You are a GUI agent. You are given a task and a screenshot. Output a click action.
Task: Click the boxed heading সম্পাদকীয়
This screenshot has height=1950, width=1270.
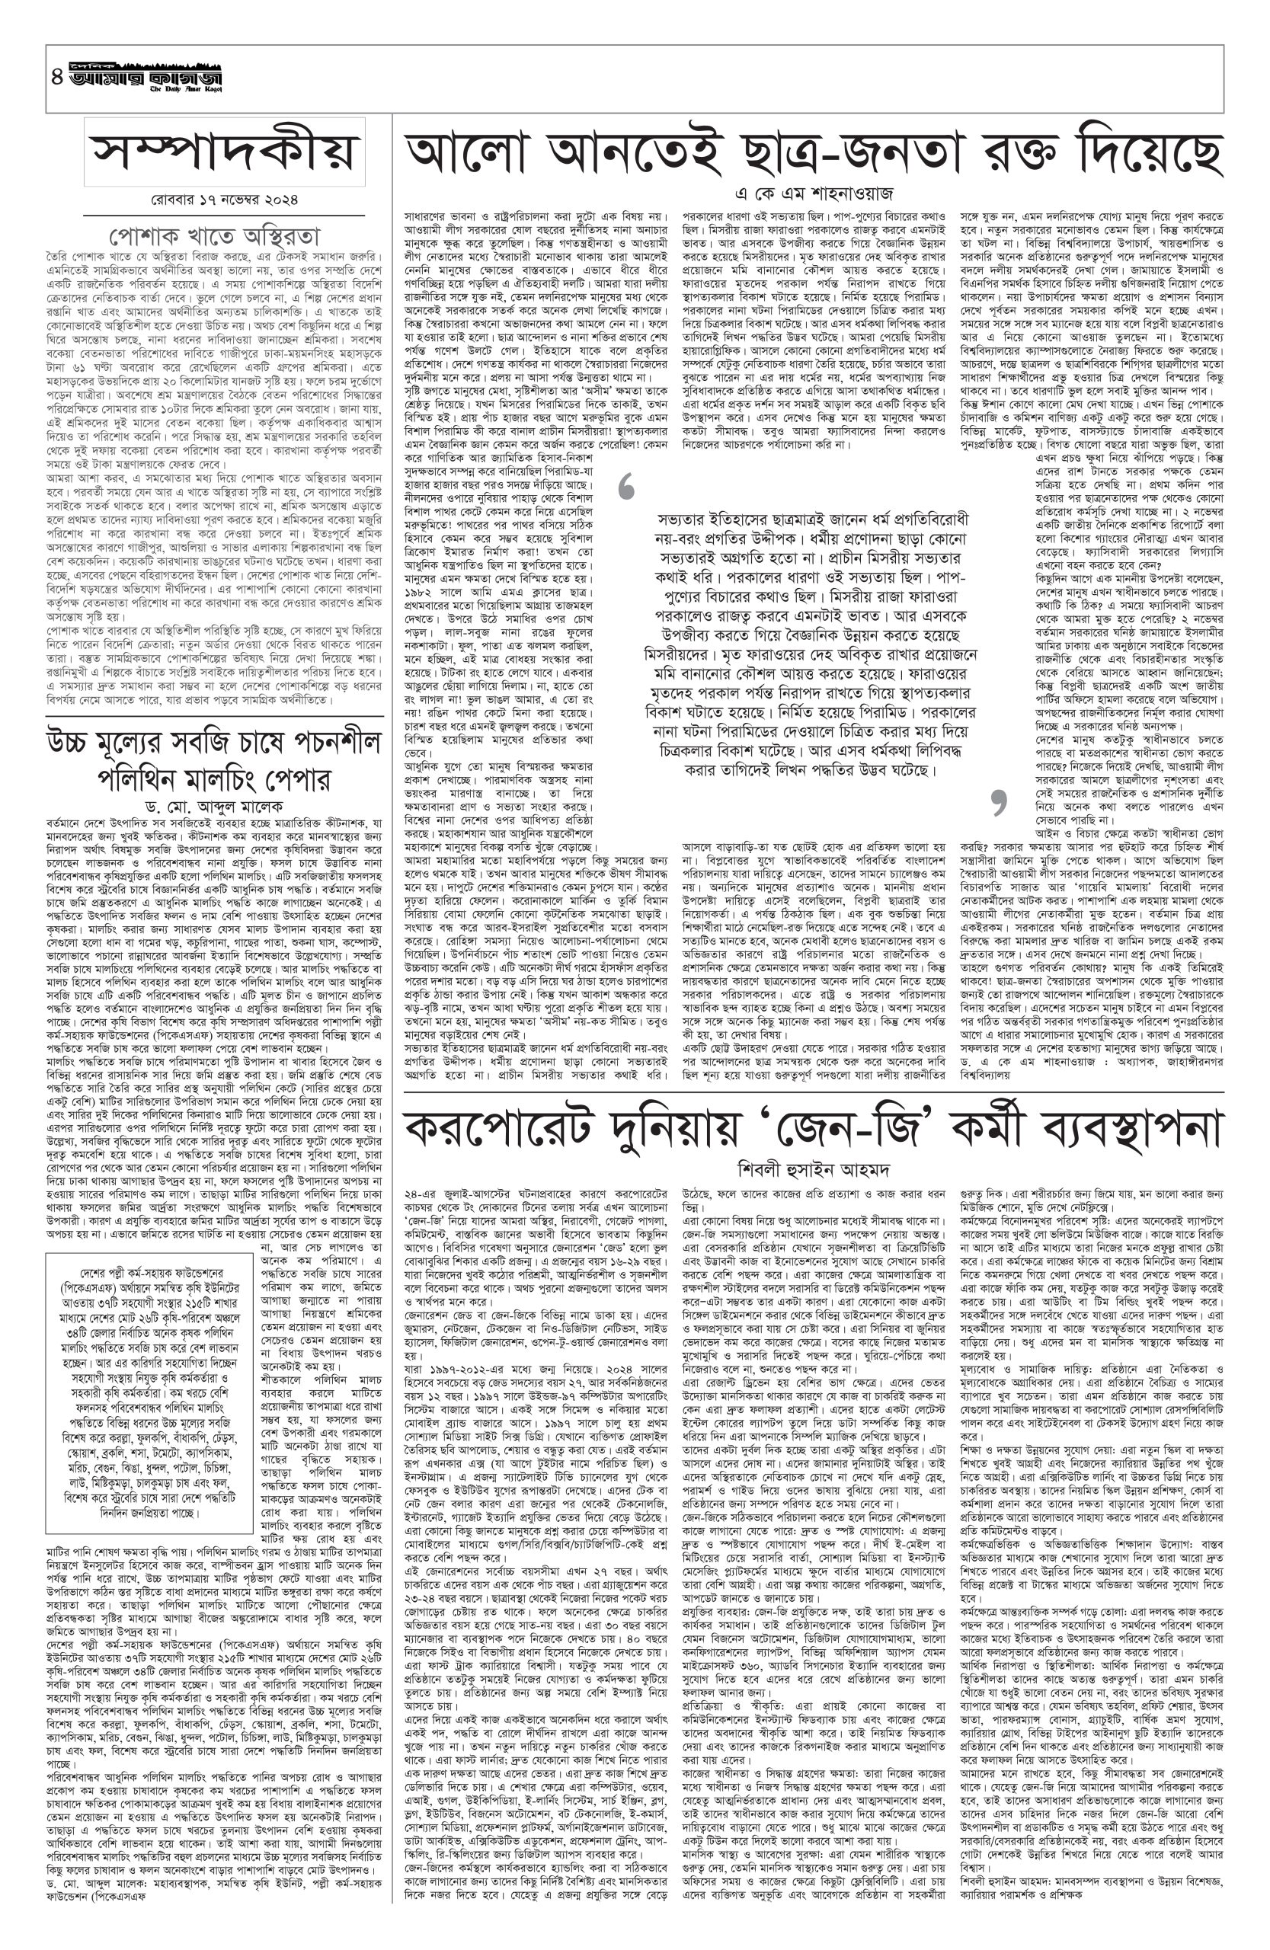click(226, 152)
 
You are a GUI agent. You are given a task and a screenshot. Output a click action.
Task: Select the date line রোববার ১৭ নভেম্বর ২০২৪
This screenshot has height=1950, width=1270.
click(226, 198)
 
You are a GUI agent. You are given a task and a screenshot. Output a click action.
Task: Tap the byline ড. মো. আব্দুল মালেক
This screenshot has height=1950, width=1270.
click(226, 804)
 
